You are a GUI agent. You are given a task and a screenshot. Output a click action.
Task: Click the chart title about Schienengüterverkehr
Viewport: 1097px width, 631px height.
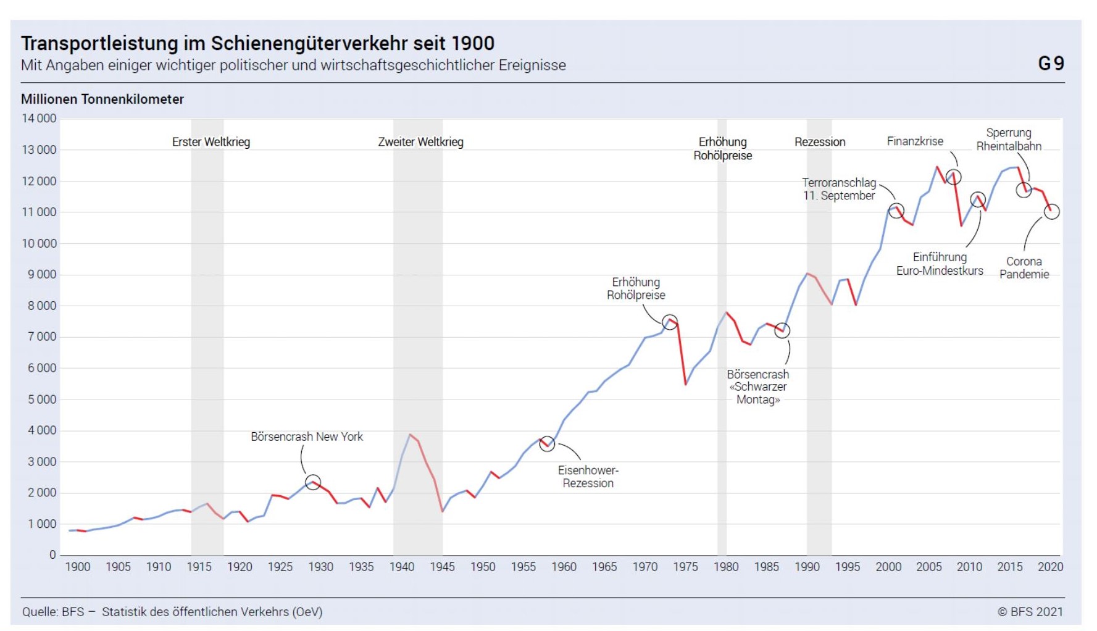[257, 43]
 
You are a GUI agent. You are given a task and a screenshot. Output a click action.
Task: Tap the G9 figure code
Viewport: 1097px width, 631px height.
[1051, 63]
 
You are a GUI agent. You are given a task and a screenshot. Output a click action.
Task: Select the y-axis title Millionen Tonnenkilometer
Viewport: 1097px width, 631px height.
[102, 99]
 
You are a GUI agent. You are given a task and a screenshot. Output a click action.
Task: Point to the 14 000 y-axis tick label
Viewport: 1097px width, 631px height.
[39, 119]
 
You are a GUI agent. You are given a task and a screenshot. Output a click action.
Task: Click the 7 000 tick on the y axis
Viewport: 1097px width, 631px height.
[41, 336]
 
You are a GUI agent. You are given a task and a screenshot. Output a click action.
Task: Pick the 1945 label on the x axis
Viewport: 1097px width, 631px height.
[442, 567]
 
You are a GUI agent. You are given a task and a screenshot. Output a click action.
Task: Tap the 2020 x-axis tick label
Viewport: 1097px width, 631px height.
[1050, 567]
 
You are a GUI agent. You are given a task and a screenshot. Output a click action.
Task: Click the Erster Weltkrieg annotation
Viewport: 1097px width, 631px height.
[211, 142]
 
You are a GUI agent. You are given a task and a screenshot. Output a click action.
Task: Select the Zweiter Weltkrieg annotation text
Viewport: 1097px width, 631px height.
[420, 142]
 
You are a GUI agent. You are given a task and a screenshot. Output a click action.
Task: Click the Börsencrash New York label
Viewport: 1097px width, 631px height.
[307, 437]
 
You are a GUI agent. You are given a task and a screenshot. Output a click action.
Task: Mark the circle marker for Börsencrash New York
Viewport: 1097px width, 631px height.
[313, 482]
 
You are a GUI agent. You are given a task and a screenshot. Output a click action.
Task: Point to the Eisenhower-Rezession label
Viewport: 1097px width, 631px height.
[588, 477]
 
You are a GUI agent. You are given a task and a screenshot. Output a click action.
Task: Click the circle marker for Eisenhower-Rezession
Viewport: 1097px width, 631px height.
[547, 444]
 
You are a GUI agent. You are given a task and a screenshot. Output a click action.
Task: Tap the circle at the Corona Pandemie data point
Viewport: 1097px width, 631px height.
[1051, 212]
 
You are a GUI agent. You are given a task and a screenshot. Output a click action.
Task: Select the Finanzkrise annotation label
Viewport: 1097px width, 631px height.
[915, 141]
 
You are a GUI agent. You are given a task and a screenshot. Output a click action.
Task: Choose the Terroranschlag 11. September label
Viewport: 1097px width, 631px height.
[839, 189]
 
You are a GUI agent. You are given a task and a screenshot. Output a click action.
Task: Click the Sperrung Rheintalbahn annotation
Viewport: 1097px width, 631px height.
[1009, 140]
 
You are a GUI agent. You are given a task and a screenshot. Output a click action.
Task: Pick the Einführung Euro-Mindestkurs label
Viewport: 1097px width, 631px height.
[940, 264]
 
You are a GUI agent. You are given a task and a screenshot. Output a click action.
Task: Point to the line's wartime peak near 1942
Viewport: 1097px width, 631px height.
[410, 434]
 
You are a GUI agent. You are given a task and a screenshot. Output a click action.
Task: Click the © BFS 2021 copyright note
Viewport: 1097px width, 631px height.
[1030, 612]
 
